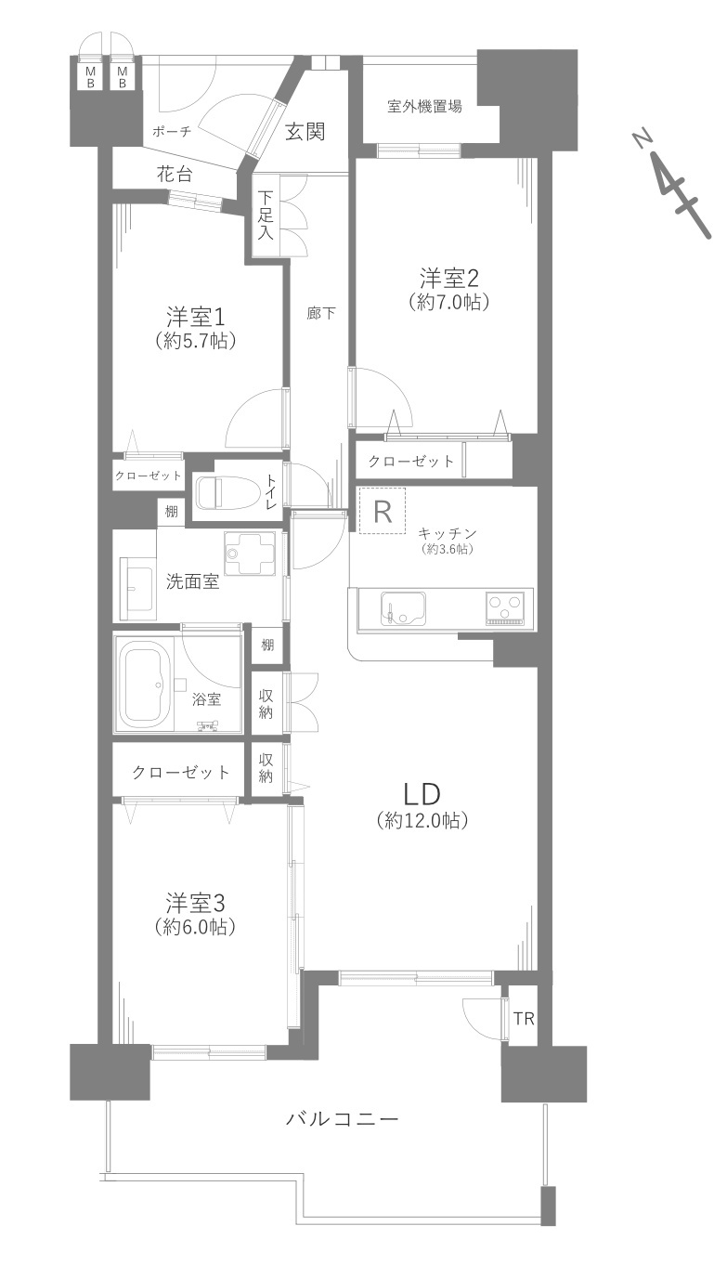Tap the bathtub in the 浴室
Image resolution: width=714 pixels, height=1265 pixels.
tap(145, 685)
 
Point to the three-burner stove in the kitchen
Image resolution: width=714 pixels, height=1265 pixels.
tap(506, 609)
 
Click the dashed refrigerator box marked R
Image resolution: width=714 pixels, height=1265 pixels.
tap(382, 511)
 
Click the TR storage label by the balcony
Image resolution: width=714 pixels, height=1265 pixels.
tap(524, 1019)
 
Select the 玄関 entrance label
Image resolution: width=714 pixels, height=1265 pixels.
tap(305, 132)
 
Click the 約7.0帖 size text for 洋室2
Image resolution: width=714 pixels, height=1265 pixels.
tap(448, 301)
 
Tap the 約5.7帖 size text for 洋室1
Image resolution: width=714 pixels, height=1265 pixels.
tap(195, 341)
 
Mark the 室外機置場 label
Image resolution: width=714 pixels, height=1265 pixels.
tap(424, 106)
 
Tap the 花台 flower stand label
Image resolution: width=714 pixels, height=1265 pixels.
tap(175, 173)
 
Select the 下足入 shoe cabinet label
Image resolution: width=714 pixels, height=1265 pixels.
tap(266, 215)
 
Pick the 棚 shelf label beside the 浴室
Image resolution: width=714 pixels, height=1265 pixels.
tap(267, 645)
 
